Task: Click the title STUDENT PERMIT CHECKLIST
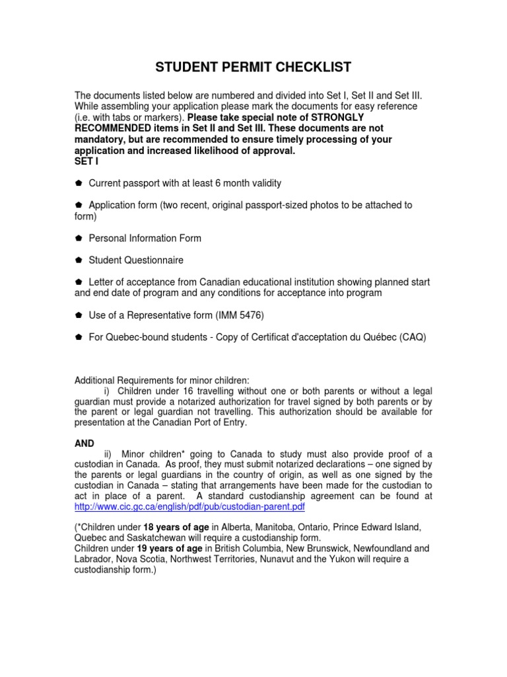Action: pyautogui.click(x=253, y=67)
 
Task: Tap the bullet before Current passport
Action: pyautogui.click(x=78, y=183)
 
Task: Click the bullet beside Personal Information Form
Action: pyautogui.click(x=78, y=238)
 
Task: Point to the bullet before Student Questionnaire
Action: pyautogui.click(x=78, y=260)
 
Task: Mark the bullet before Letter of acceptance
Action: pyautogui.click(x=78, y=282)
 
